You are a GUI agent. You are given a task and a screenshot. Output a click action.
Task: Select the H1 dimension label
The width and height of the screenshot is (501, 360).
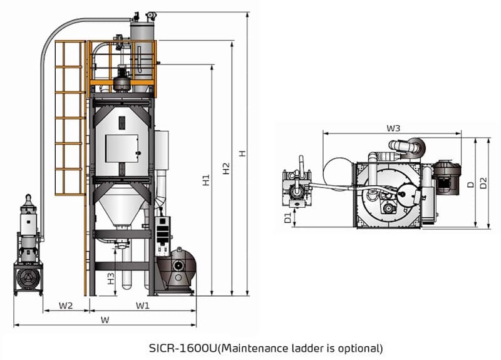click(206, 181)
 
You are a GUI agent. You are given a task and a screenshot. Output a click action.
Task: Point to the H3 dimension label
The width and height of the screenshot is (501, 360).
click(110, 278)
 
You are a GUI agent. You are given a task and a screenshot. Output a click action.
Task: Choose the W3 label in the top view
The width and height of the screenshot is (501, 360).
click(393, 128)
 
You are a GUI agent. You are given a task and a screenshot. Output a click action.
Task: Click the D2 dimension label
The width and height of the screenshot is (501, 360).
click(483, 183)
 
